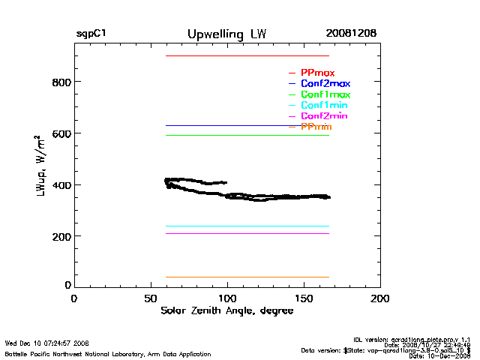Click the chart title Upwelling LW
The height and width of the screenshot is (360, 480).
coord(226,34)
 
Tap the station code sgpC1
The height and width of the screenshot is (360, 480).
coord(91,34)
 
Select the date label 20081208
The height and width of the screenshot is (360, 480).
coord(351,34)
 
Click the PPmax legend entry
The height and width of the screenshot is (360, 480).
coord(317,73)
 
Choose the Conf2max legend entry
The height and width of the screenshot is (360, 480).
coord(325,84)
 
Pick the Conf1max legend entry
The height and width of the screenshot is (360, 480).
coord(325,95)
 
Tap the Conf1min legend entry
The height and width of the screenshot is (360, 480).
coord(324,106)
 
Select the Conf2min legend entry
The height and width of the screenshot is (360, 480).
coord(324,117)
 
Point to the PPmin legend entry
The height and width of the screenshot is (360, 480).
coord(316,127)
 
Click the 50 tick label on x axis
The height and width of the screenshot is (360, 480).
coord(150,298)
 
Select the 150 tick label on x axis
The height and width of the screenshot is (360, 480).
coord(304,298)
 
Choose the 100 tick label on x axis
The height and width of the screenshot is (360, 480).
coord(227,298)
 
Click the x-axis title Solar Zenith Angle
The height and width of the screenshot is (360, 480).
coord(227,311)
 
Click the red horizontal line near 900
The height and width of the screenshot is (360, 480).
coord(247,56)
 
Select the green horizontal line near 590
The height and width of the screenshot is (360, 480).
coord(247,135)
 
